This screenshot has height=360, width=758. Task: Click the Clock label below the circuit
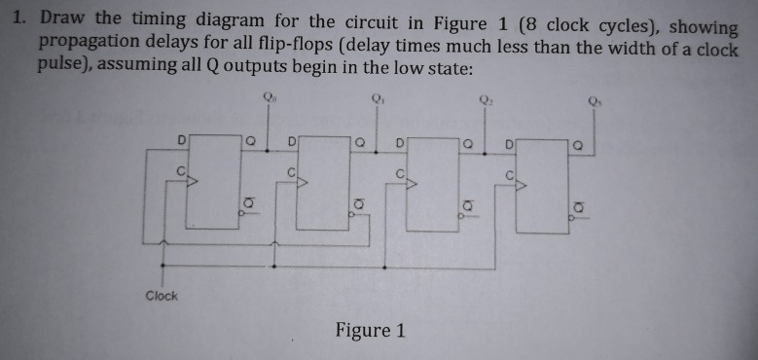(x=162, y=296)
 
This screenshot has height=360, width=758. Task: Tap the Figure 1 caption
(x=370, y=330)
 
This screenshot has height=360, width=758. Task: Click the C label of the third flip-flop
(x=398, y=173)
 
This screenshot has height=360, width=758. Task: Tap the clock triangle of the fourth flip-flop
(x=521, y=182)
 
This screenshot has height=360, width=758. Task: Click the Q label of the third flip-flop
(x=469, y=144)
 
